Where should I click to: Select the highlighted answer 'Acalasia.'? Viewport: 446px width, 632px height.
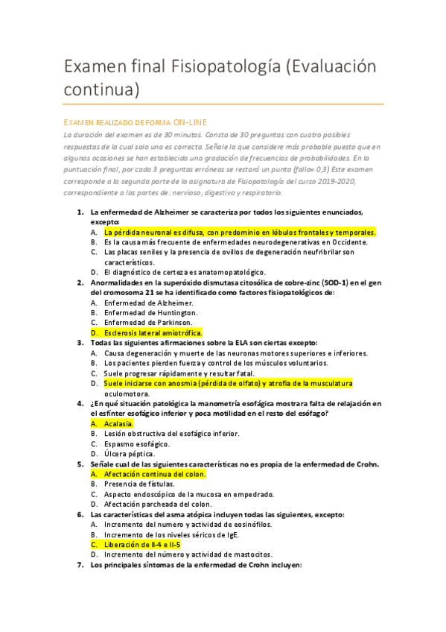[118, 423]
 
